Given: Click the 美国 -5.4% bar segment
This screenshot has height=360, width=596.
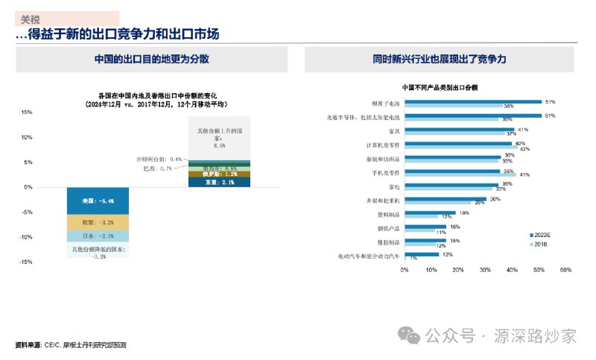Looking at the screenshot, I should point(98,200).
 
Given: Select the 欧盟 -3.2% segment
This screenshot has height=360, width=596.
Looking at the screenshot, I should point(98,222).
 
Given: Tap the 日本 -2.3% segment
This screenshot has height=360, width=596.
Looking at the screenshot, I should point(98,236).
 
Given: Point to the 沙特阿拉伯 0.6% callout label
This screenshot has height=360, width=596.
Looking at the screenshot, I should point(159,159).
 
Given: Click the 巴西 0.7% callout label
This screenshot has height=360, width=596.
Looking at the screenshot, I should point(157,168).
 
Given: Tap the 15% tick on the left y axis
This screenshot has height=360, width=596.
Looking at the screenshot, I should point(27,113).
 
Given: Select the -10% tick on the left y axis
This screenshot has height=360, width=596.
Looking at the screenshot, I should point(27,237).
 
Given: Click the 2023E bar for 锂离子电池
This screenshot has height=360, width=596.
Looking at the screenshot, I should point(473,101).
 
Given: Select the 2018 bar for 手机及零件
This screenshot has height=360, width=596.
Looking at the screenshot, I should point(460,175).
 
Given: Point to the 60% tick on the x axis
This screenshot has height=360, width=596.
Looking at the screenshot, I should point(565,270).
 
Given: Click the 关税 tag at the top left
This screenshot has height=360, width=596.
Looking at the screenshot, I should point(31,19).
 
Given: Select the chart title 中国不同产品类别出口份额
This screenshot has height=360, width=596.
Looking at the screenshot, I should point(440,87).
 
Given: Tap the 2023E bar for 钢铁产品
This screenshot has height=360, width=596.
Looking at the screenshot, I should point(425,227).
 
